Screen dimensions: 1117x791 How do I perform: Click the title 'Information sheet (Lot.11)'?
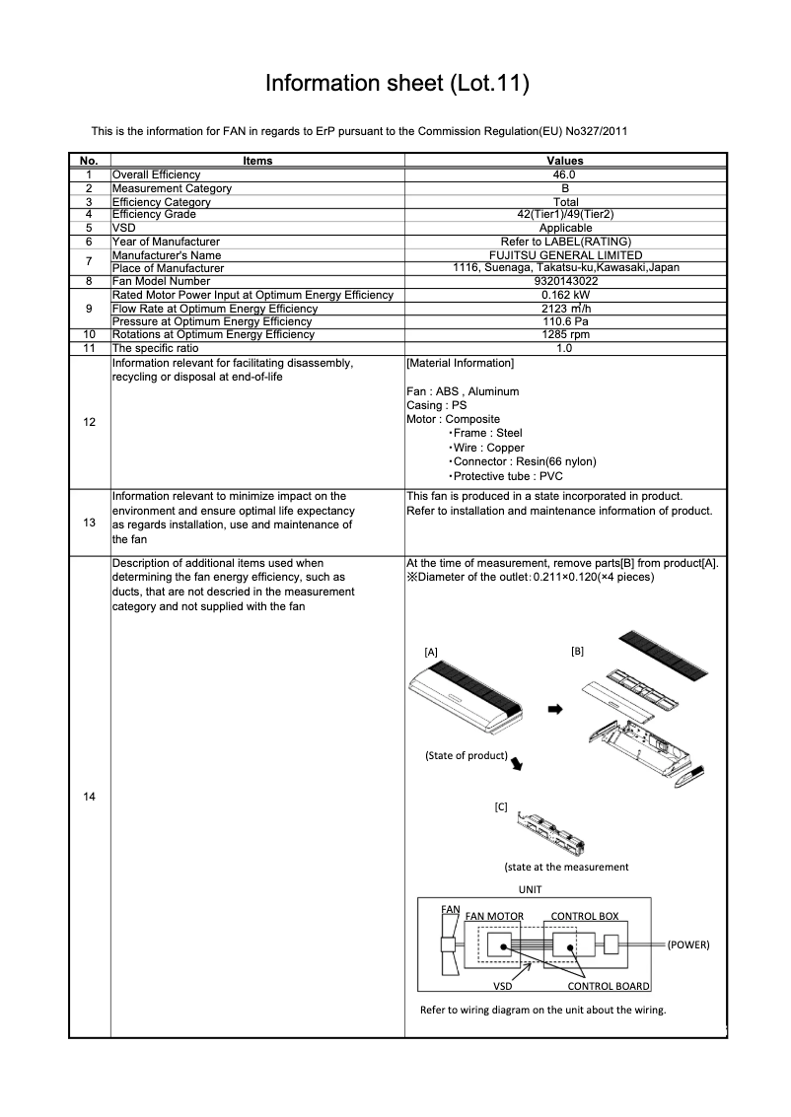397,85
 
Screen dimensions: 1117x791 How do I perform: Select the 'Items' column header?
256,161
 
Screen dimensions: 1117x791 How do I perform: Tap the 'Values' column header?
564,161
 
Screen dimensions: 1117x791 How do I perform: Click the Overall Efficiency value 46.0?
564,175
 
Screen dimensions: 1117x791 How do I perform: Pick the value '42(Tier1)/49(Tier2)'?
564,214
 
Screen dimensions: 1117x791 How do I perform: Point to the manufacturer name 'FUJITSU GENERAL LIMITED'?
564,255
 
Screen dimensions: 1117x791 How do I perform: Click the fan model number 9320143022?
564,281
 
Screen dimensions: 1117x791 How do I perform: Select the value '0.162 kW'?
564,295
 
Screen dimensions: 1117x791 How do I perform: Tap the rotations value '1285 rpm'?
564,334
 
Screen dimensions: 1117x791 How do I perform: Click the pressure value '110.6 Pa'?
564,321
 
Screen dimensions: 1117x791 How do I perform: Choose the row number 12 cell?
89,422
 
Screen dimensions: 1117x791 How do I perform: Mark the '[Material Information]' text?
460,364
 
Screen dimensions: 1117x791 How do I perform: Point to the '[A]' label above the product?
431,653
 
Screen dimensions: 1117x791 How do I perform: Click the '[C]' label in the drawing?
501,806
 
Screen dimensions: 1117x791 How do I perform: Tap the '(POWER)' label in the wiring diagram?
688,944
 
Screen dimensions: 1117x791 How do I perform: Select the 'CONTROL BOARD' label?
609,986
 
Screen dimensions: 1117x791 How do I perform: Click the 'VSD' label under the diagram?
503,986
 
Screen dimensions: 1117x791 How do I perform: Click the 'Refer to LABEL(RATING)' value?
564,242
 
